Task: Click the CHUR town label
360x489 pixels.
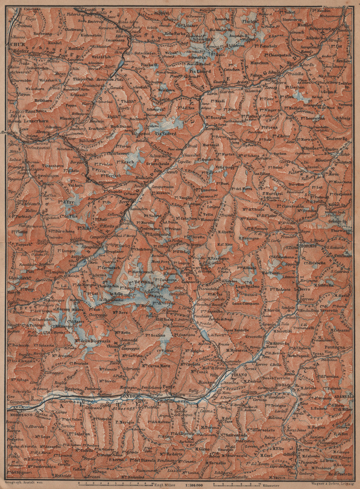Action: (11, 44)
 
